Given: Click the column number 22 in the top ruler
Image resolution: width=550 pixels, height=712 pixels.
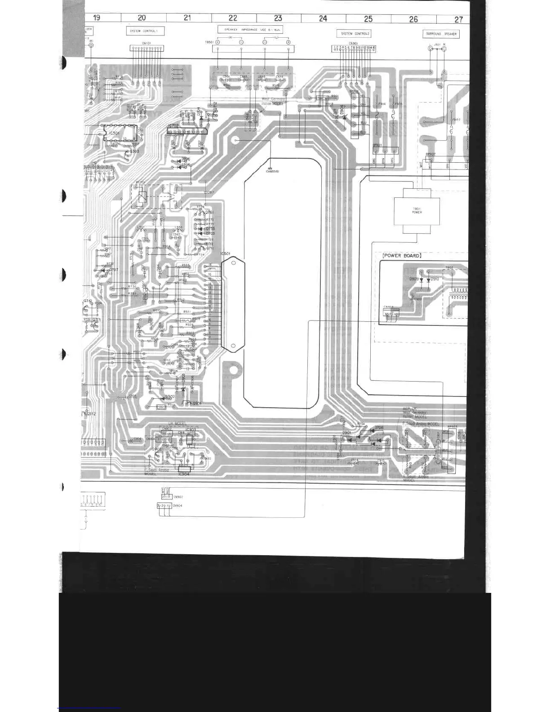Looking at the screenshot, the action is tap(233, 18).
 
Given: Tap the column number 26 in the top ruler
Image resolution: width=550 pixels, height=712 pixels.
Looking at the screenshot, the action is tap(413, 19).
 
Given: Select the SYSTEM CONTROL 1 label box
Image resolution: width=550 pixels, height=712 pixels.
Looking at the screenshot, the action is tap(145, 31).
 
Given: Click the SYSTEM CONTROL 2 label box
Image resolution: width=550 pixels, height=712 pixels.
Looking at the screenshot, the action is tap(355, 34).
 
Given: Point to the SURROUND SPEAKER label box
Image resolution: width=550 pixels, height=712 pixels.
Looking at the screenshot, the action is tap(441, 34).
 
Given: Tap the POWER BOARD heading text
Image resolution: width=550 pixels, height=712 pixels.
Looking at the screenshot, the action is tap(402, 255).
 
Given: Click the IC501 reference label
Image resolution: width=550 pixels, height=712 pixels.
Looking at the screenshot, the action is tap(225, 254).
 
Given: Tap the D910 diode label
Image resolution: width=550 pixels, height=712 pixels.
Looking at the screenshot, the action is tap(435, 279).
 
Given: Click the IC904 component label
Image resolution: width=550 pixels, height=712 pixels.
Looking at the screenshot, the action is tap(184, 474).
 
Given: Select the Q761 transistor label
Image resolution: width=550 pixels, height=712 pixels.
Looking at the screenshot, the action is tap(209, 212).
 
